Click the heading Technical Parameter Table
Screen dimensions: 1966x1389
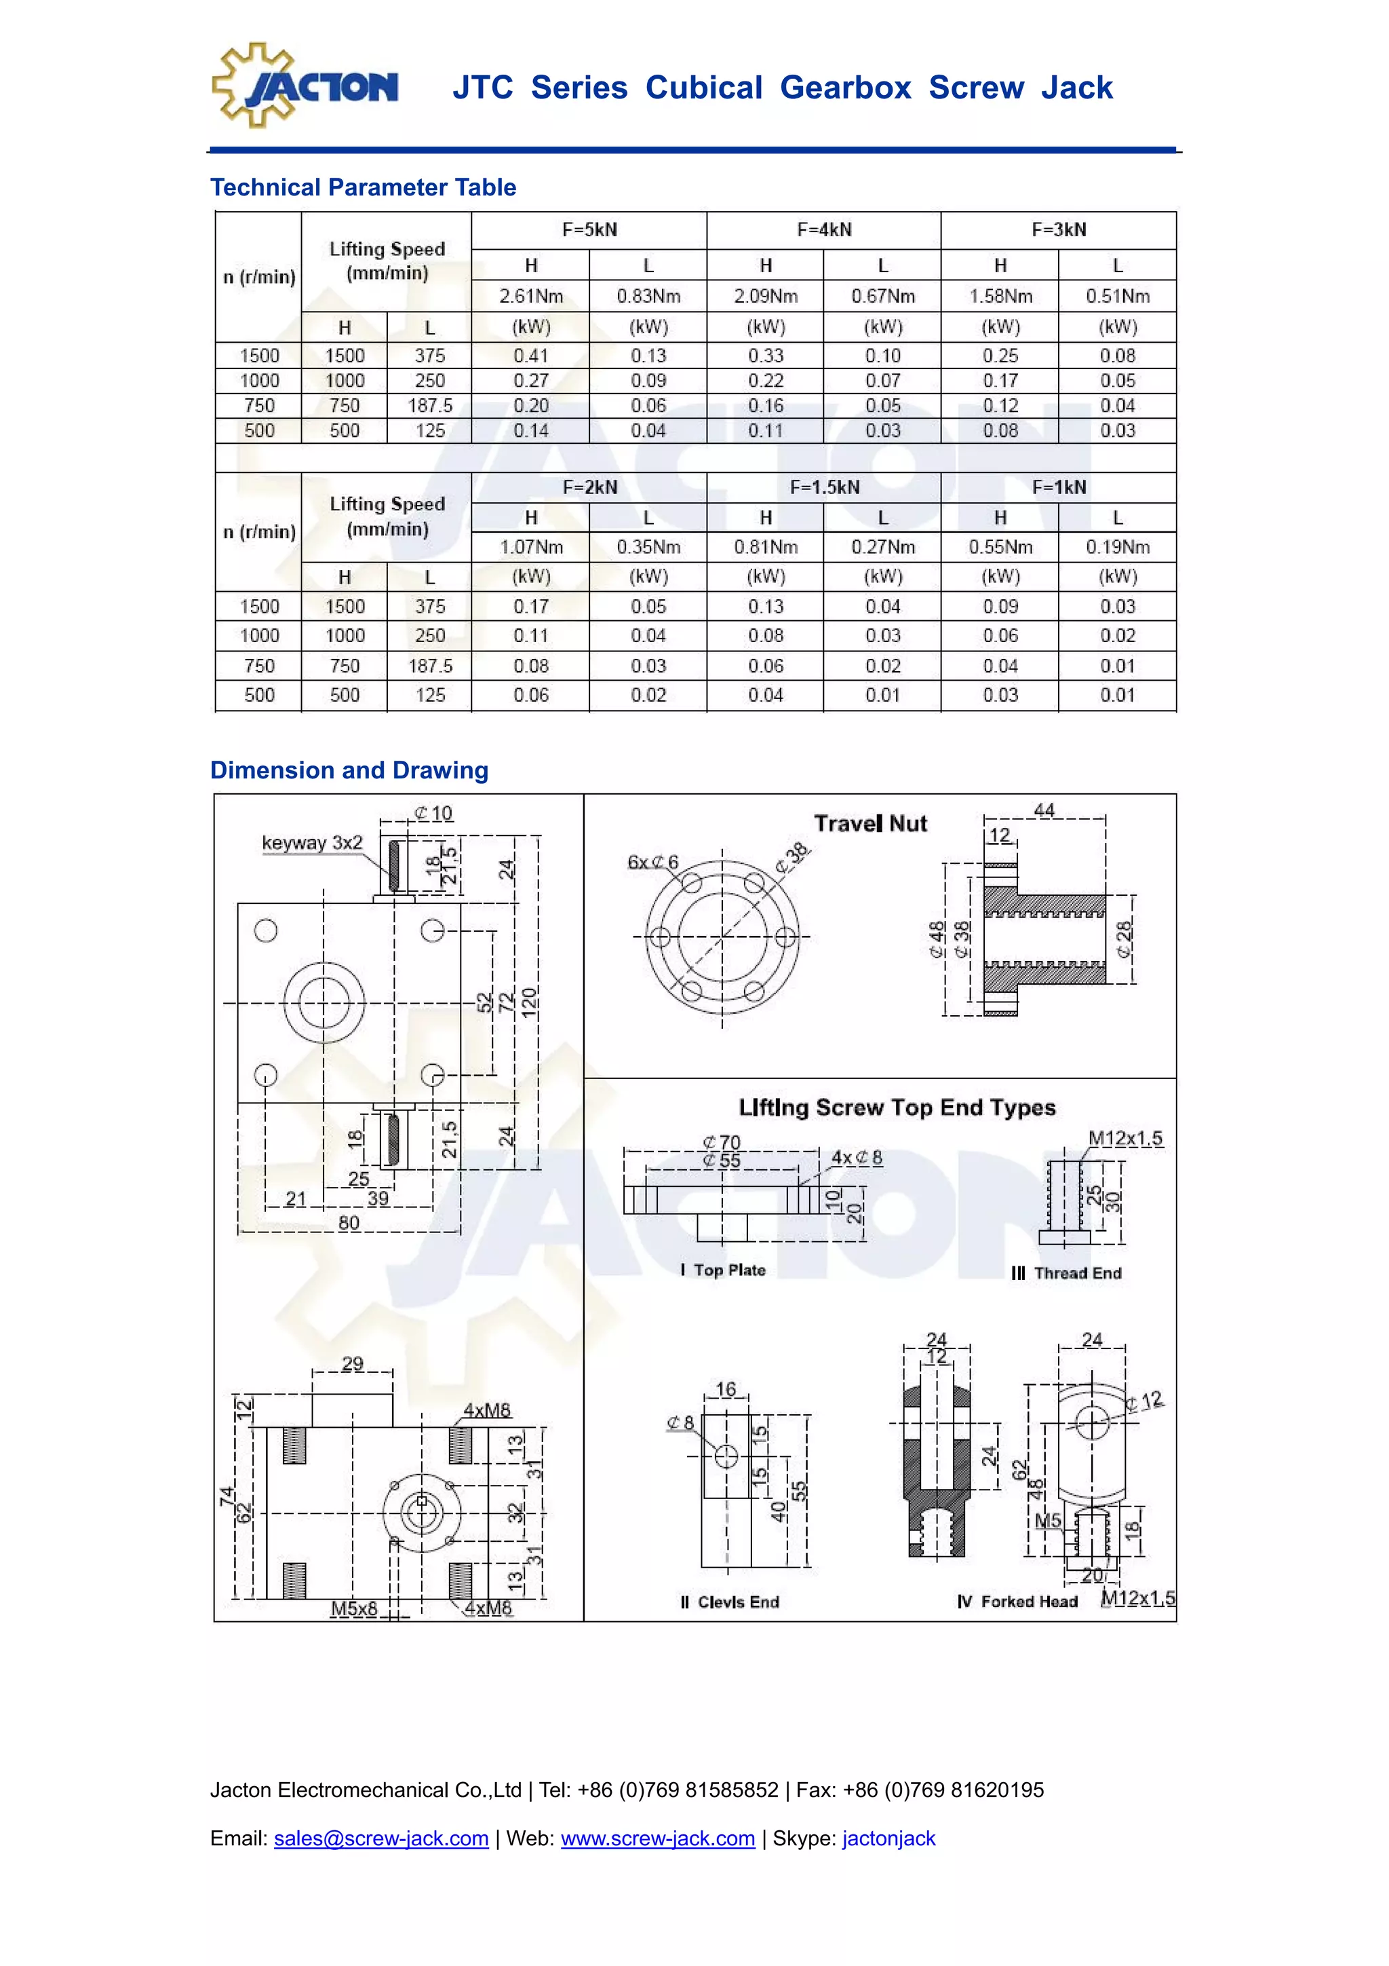point(363,187)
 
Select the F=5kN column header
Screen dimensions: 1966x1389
point(589,229)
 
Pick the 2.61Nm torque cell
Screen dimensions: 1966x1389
point(530,297)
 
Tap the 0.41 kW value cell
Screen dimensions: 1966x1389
point(530,356)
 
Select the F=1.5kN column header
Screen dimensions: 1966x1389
point(823,487)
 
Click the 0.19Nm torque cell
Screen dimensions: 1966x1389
point(1117,547)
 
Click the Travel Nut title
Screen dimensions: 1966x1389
point(869,824)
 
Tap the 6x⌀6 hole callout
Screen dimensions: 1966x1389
point(652,863)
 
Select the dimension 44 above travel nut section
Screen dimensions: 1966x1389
point(1044,810)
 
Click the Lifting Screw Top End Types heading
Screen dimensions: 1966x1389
point(897,1108)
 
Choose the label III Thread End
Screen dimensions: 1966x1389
point(1065,1273)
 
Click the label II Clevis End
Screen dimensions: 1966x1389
point(729,1602)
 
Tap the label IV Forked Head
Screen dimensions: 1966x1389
point(1017,1601)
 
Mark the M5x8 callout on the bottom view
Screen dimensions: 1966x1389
point(353,1608)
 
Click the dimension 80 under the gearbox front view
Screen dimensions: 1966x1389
point(349,1223)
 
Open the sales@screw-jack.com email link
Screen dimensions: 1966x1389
point(381,1838)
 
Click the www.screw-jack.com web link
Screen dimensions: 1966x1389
point(657,1838)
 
